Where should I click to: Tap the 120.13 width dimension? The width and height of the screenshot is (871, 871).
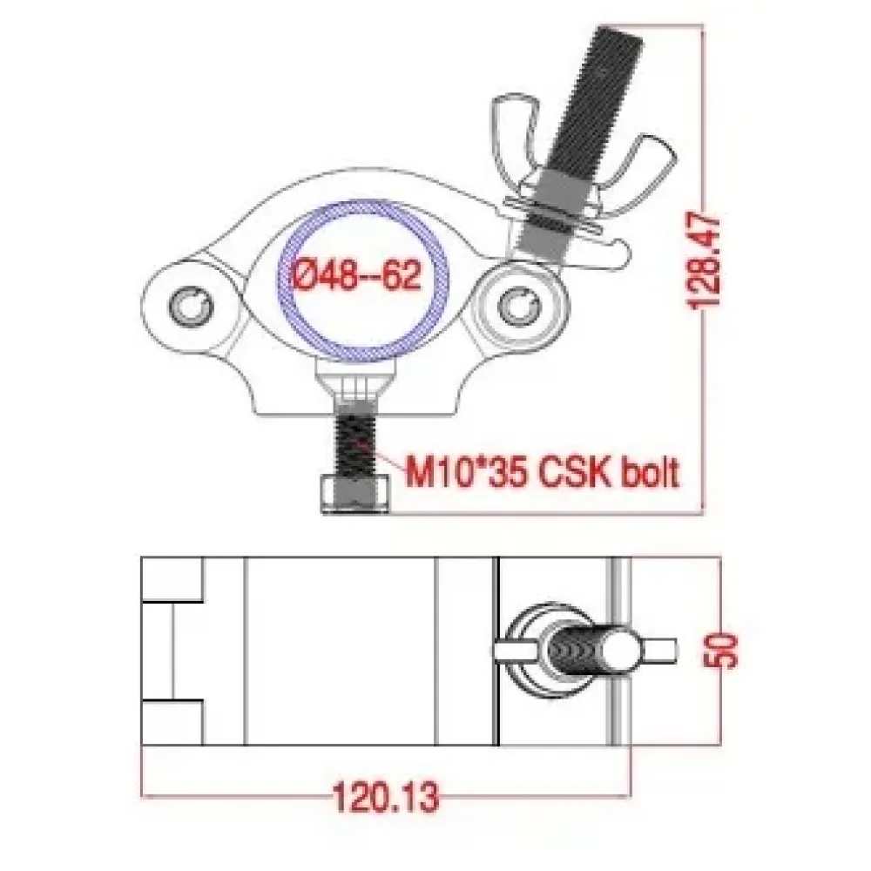tap(386, 797)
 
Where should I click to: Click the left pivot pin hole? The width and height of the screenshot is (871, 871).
tap(191, 307)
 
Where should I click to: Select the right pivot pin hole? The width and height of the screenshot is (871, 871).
tap(518, 306)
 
